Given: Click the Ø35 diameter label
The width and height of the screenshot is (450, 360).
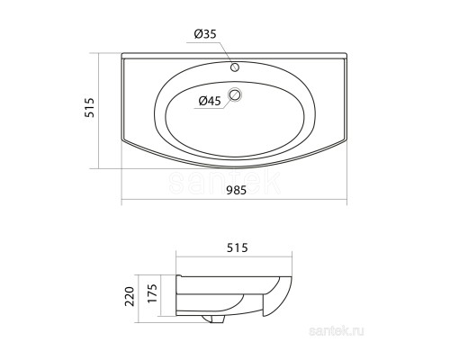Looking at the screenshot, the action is (205, 34).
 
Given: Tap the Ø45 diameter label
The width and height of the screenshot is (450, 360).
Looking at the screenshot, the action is (210, 101).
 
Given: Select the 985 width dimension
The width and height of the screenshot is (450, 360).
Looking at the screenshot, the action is (236, 190).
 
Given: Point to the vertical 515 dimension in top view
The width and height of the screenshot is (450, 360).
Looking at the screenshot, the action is (89, 107).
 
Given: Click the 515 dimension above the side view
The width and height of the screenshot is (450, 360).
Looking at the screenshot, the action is (238, 247).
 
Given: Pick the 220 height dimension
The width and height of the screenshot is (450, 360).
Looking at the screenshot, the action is (130, 296).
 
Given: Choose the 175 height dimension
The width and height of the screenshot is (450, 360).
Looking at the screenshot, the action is (152, 293).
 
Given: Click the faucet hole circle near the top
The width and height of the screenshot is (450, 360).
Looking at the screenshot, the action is (235, 67).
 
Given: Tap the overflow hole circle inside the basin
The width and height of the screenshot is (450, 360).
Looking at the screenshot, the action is (235, 94).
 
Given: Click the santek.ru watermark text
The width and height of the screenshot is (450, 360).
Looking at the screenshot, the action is (337, 331).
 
